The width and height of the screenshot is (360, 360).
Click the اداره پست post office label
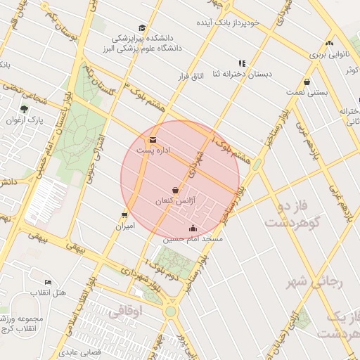click(153, 150)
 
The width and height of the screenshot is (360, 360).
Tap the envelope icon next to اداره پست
click(153, 139)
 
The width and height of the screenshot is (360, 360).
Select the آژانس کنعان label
click(173, 201)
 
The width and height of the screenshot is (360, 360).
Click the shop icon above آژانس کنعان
click(175, 190)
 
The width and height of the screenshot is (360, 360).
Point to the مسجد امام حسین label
click(193, 239)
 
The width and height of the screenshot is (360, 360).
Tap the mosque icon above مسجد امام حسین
click(193, 228)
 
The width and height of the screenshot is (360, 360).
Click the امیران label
click(124, 226)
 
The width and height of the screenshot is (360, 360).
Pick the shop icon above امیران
click(124, 215)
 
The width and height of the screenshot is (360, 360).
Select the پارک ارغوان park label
click(25, 120)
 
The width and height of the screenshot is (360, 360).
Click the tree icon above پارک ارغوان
click(25, 109)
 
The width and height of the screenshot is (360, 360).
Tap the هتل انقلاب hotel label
click(49, 292)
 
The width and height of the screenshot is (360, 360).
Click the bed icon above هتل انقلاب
click(48, 281)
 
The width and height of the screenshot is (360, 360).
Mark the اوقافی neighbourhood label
click(127, 309)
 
